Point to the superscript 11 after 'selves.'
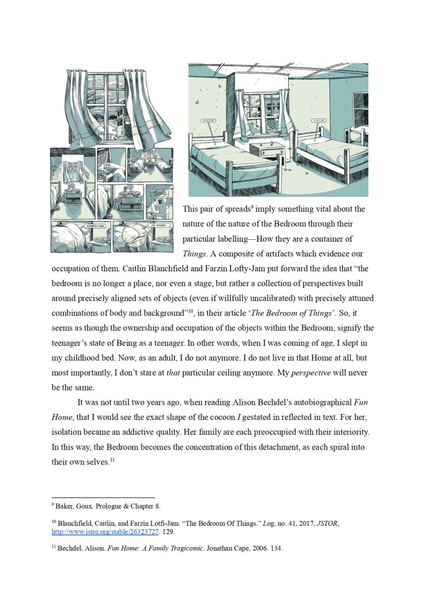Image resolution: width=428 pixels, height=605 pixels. (x=111, y=460)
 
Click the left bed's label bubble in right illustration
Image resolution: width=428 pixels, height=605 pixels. (x=209, y=121)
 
